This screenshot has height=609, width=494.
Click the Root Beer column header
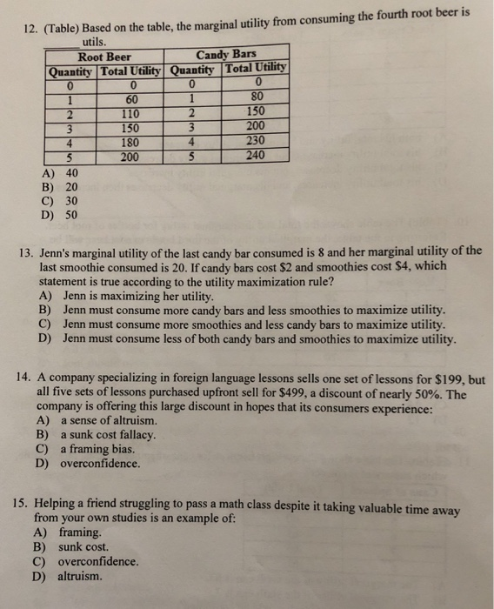click(107, 57)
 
